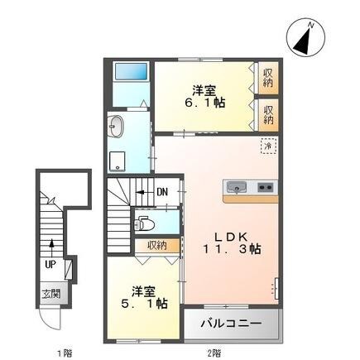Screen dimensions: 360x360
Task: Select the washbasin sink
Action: click(x=115, y=127)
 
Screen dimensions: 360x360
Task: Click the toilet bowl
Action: click(x=147, y=223)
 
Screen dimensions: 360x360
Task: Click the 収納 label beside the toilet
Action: click(x=156, y=245)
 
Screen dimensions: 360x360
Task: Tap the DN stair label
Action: click(x=163, y=193)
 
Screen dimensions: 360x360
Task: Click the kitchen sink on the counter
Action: click(x=237, y=186)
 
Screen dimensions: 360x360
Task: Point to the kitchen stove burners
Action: click(x=265, y=186)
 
